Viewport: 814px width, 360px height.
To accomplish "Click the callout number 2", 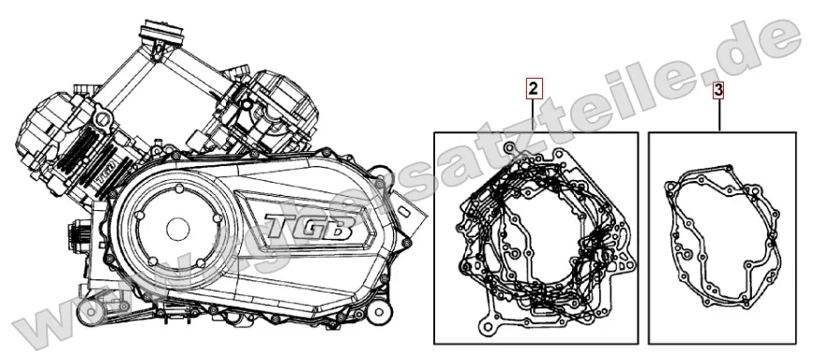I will click(x=532, y=90).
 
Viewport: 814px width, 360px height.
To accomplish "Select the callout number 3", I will click(x=717, y=90).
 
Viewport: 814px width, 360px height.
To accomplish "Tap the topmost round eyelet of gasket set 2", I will click(x=508, y=149).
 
